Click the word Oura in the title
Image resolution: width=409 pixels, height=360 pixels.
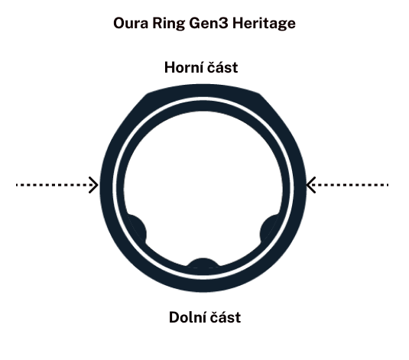coord(131,23)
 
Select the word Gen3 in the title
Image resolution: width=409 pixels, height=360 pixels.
coord(209,23)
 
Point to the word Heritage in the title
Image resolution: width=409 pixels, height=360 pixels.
coord(264,24)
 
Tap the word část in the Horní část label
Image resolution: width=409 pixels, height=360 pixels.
coord(222,67)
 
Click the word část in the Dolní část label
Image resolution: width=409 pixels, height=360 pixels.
coord(226,317)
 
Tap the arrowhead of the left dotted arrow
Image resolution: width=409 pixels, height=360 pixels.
coord(93,185)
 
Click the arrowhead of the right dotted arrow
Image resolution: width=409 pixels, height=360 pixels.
coord(310,185)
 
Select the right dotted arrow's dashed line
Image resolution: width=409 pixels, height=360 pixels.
coord(349,185)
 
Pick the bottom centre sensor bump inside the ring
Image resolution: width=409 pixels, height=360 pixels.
coord(203,264)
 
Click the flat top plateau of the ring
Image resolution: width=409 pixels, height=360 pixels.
coord(204,90)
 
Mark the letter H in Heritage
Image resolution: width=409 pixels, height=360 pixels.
coord(239,23)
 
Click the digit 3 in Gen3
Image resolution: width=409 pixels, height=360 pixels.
coord(223,24)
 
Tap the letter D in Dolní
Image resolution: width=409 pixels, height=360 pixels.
coord(175,317)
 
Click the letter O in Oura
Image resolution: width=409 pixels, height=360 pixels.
coord(120,24)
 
